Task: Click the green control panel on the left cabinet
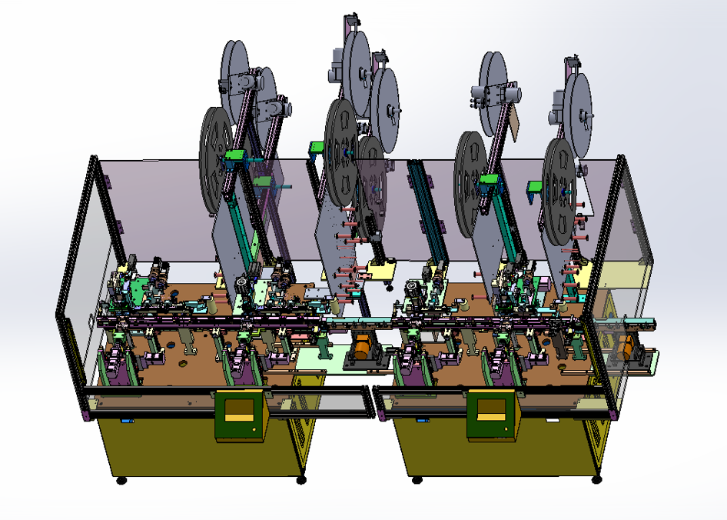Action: click(x=240, y=415)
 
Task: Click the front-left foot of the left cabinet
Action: click(x=121, y=481)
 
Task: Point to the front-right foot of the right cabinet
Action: click(x=597, y=479)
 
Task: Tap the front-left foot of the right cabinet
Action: click(x=417, y=480)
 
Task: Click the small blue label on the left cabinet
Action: click(x=126, y=421)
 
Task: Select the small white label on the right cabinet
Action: click(x=552, y=421)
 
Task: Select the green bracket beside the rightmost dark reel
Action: click(x=535, y=187)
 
